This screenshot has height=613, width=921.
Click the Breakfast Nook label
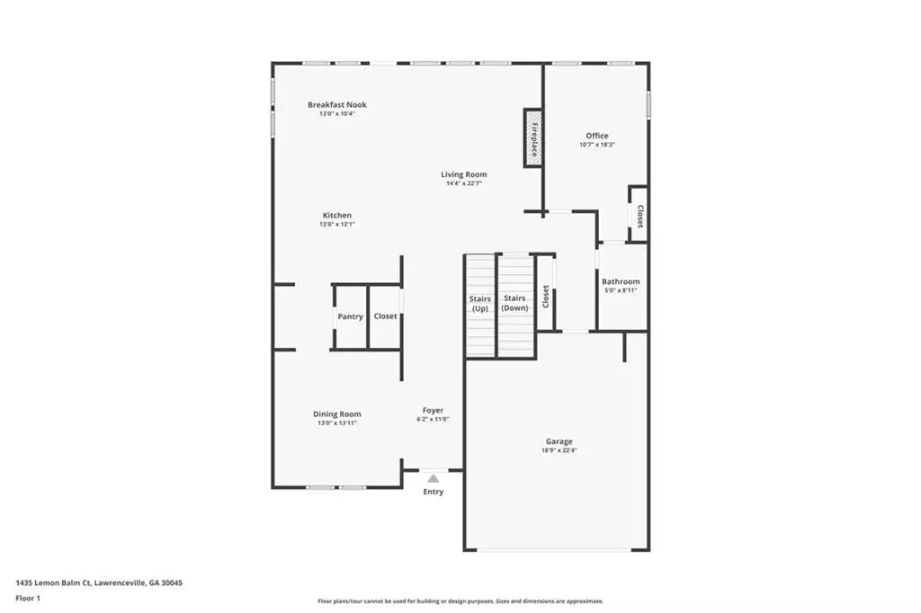coord(337,104)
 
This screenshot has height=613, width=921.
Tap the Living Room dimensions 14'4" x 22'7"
coord(464,183)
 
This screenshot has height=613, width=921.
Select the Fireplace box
coord(533,138)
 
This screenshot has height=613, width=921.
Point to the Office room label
coord(597,136)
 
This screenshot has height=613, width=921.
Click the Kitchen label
coord(337,216)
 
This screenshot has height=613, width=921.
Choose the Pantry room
coord(350,317)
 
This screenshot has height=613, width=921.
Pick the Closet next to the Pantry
coord(385,317)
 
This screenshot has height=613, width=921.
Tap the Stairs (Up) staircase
coord(480,306)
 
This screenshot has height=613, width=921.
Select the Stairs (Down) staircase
coord(515,306)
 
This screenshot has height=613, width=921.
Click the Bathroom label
coord(621,281)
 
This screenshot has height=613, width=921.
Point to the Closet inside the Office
coord(639,214)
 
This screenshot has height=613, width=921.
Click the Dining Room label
coord(337,414)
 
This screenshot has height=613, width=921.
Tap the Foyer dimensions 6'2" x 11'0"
coord(433,419)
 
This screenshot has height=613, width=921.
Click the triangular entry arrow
coord(433,478)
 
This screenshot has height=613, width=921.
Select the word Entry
coord(434,492)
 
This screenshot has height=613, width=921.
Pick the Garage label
coord(559,441)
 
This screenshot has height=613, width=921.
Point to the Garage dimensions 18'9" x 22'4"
coord(559,450)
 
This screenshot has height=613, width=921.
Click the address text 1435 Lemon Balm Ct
coord(53,583)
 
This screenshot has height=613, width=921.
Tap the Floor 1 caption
coord(28,599)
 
